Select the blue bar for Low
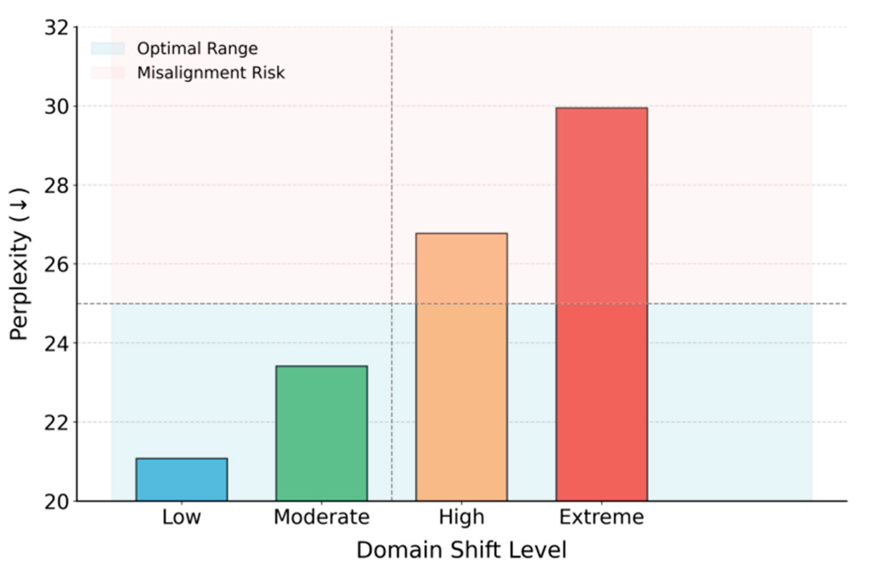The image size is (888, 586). (182, 479)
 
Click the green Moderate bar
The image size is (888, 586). (322, 433)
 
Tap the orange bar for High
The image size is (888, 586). (461, 367)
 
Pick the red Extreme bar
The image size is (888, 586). (602, 304)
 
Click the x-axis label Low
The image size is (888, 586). (181, 517)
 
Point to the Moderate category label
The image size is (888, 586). (322, 517)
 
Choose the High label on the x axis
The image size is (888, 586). (461, 517)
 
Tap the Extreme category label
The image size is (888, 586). (602, 517)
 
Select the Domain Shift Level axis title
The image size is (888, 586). (461, 551)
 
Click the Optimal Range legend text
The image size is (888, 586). (197, 49)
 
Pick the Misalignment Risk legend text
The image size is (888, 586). (211, 73)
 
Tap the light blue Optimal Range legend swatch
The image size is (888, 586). (107, 49)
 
